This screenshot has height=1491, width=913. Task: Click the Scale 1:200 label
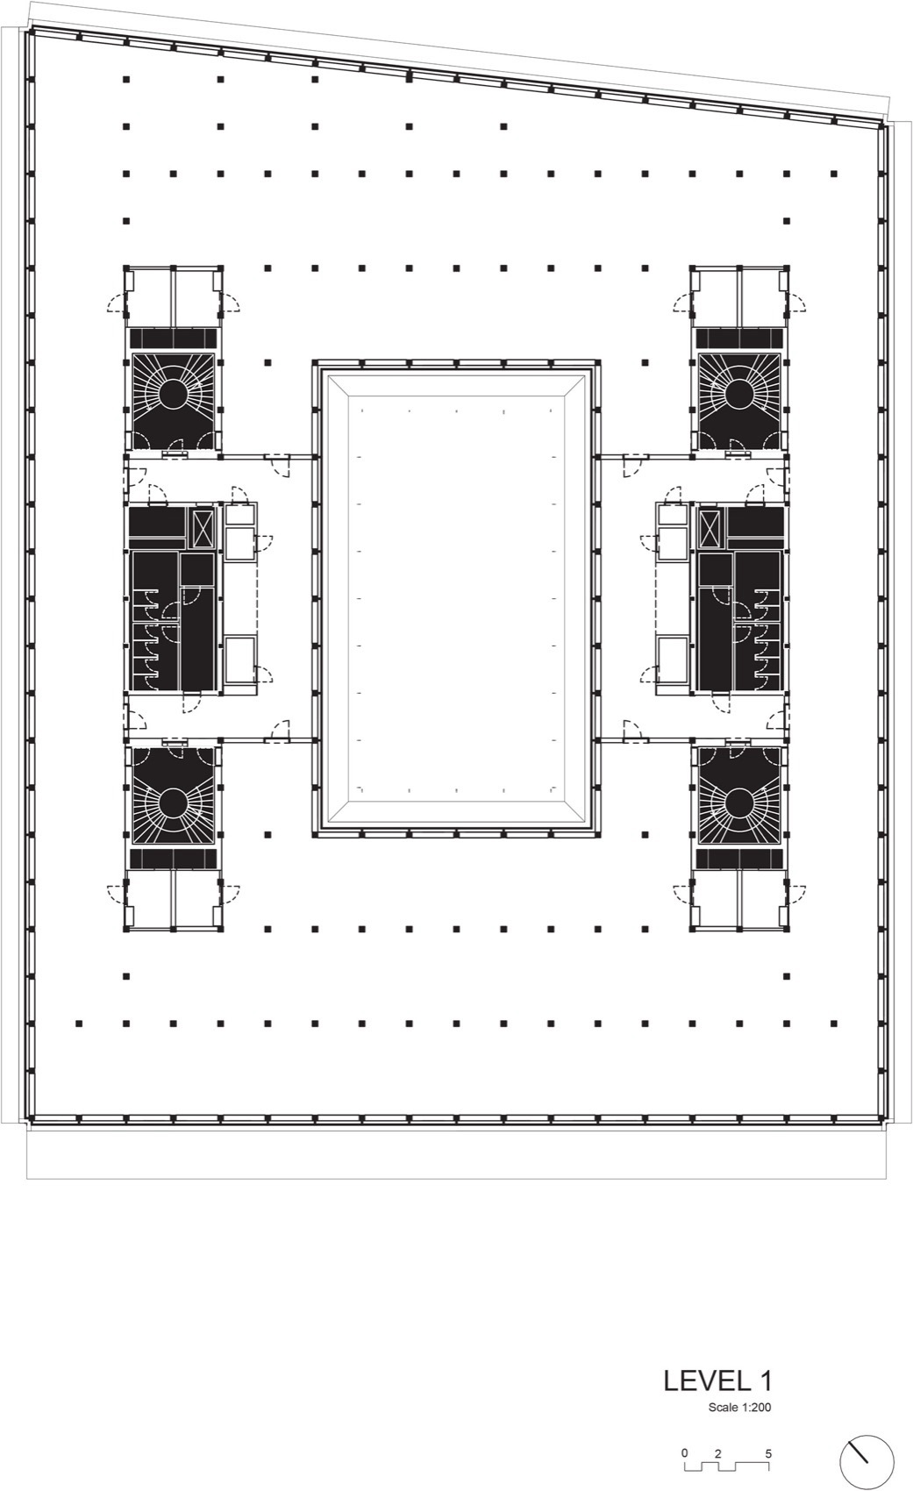pos(739,1409)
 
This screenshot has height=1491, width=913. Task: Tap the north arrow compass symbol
pos(867,1462)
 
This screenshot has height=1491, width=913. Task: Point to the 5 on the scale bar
pos(768,1453)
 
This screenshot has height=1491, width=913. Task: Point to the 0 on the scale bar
pos(685,1453)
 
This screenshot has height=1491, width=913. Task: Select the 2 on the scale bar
pos(717,1453)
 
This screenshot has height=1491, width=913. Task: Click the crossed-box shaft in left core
pos(203,528)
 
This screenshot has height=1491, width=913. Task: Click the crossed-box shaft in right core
pos(710,528)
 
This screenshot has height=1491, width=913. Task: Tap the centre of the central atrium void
pos(456,596)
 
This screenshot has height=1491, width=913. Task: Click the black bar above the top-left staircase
pos(173,338)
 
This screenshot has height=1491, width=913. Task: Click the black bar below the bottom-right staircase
pos(739,858)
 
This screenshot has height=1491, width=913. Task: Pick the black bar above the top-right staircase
pos(739,338)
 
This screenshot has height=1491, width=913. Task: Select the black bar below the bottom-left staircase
pos(173,858)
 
